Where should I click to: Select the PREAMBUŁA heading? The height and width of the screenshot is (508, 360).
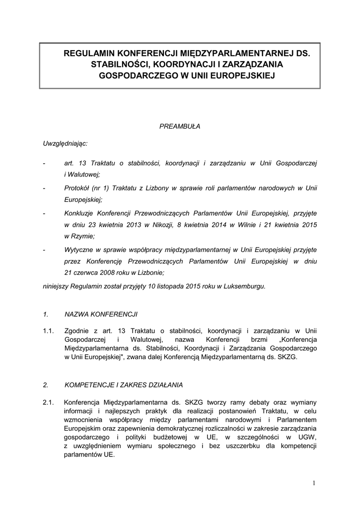180,127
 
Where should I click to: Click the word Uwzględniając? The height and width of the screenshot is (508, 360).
66,143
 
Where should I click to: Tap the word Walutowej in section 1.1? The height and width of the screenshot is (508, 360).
144,340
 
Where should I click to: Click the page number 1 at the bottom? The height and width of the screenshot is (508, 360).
314,483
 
